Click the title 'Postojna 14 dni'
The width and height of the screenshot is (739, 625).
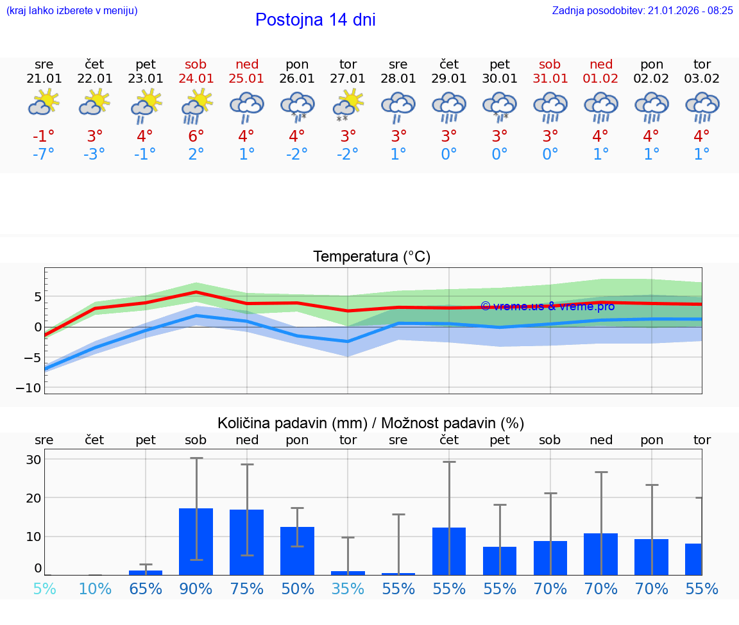pyautogui.click(x=315, y=20)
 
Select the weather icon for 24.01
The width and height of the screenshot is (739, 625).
pyautogui.click(x=196, y=106)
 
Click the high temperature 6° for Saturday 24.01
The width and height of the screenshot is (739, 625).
pyautogui.click(x=196, y=137)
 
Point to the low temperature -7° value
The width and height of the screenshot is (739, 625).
pyautogui.click(x=44, y=154)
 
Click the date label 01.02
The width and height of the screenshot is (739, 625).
pyautogui.click(x=600, y=79)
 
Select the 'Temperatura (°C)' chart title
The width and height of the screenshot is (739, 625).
pyautogui.click(x=371, y=257)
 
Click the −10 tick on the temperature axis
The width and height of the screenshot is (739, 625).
pyautogui.click(x=29, y=388)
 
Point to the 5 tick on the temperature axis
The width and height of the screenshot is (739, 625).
pyautogui.click(x=38, y=297)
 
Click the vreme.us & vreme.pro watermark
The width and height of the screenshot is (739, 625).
pyautogui.click(x=547, y=306)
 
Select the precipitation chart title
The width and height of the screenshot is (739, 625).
pyautogui.click(x=371, y=423)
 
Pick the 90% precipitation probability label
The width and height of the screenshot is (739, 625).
pyautogui.click(x=196, y=588)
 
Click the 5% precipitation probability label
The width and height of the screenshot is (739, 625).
pyautogui.click(x=44, y=588)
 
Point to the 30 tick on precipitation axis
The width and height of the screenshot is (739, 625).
pyautogui.click(x=33, y=460)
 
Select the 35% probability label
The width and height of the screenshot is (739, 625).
pyautogui.click(x=348, y=588)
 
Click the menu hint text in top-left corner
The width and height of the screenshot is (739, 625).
pyautogui.click(x=72, y=10)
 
